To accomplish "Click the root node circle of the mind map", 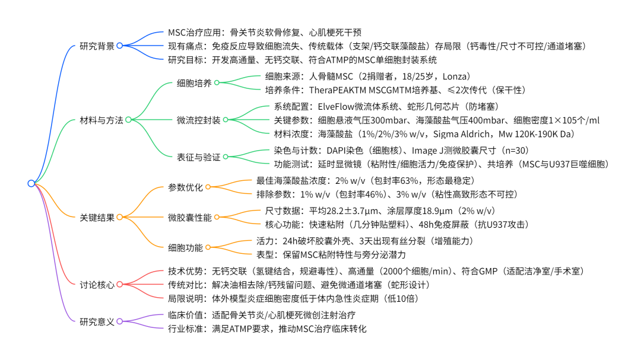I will click(x=31, y=183).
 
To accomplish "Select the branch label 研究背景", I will click(x=97, y=45).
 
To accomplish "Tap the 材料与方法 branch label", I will click(x=101, y=120).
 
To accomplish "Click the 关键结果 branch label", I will click(x=97, y=218).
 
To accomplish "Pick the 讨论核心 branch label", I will click(x=97, y=285).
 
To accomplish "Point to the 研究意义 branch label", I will click(x=97, y=321).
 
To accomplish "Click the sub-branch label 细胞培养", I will click(x=194, y=83).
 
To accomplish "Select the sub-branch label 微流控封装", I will click(x=198, y=120).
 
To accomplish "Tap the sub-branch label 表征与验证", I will click(x=198, y=157).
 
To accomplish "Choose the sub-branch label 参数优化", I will click(x=185, y=187).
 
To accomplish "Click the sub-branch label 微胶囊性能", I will click(x=189, y=217).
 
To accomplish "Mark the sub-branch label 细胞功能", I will click(x=185, y=247).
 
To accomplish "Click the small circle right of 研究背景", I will click(x=120, y=45).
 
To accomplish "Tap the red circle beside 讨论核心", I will click(x=120, y=285).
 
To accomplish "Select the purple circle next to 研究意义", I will click(x=120, y=321).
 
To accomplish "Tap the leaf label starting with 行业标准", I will click(x=267, y=329).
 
